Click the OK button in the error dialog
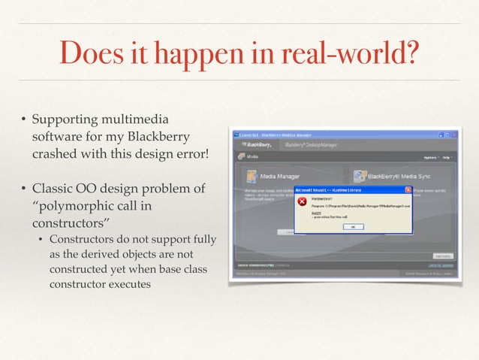[x=352, y=226]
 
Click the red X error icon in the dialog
[x=304, y=202]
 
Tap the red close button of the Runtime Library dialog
[x=408, y=189]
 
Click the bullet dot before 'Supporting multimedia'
[x=23, y=119]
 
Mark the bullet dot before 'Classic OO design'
[x=23, y=188]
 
